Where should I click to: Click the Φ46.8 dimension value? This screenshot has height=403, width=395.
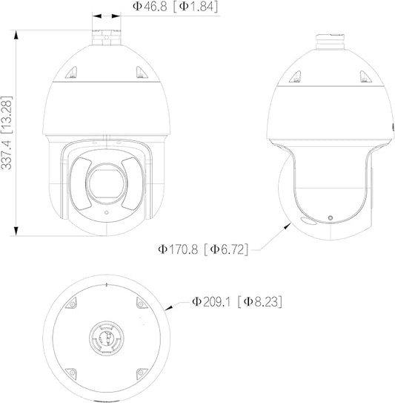pos(150,7)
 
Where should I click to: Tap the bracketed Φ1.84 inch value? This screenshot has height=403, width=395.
pos(196,7)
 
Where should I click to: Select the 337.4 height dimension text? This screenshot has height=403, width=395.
pos(7,155)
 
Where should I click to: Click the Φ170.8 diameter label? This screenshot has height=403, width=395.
pos(178,249)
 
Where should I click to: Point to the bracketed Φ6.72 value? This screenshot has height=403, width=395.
pos(226,249)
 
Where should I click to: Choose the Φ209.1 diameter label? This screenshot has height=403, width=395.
pos(212,301)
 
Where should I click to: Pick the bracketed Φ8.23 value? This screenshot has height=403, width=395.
pos(260,301)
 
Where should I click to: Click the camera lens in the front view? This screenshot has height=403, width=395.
pos(107,183)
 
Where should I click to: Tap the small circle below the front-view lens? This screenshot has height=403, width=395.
pos(107,212)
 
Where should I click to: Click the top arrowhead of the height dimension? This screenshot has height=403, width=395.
pos(16,35)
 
